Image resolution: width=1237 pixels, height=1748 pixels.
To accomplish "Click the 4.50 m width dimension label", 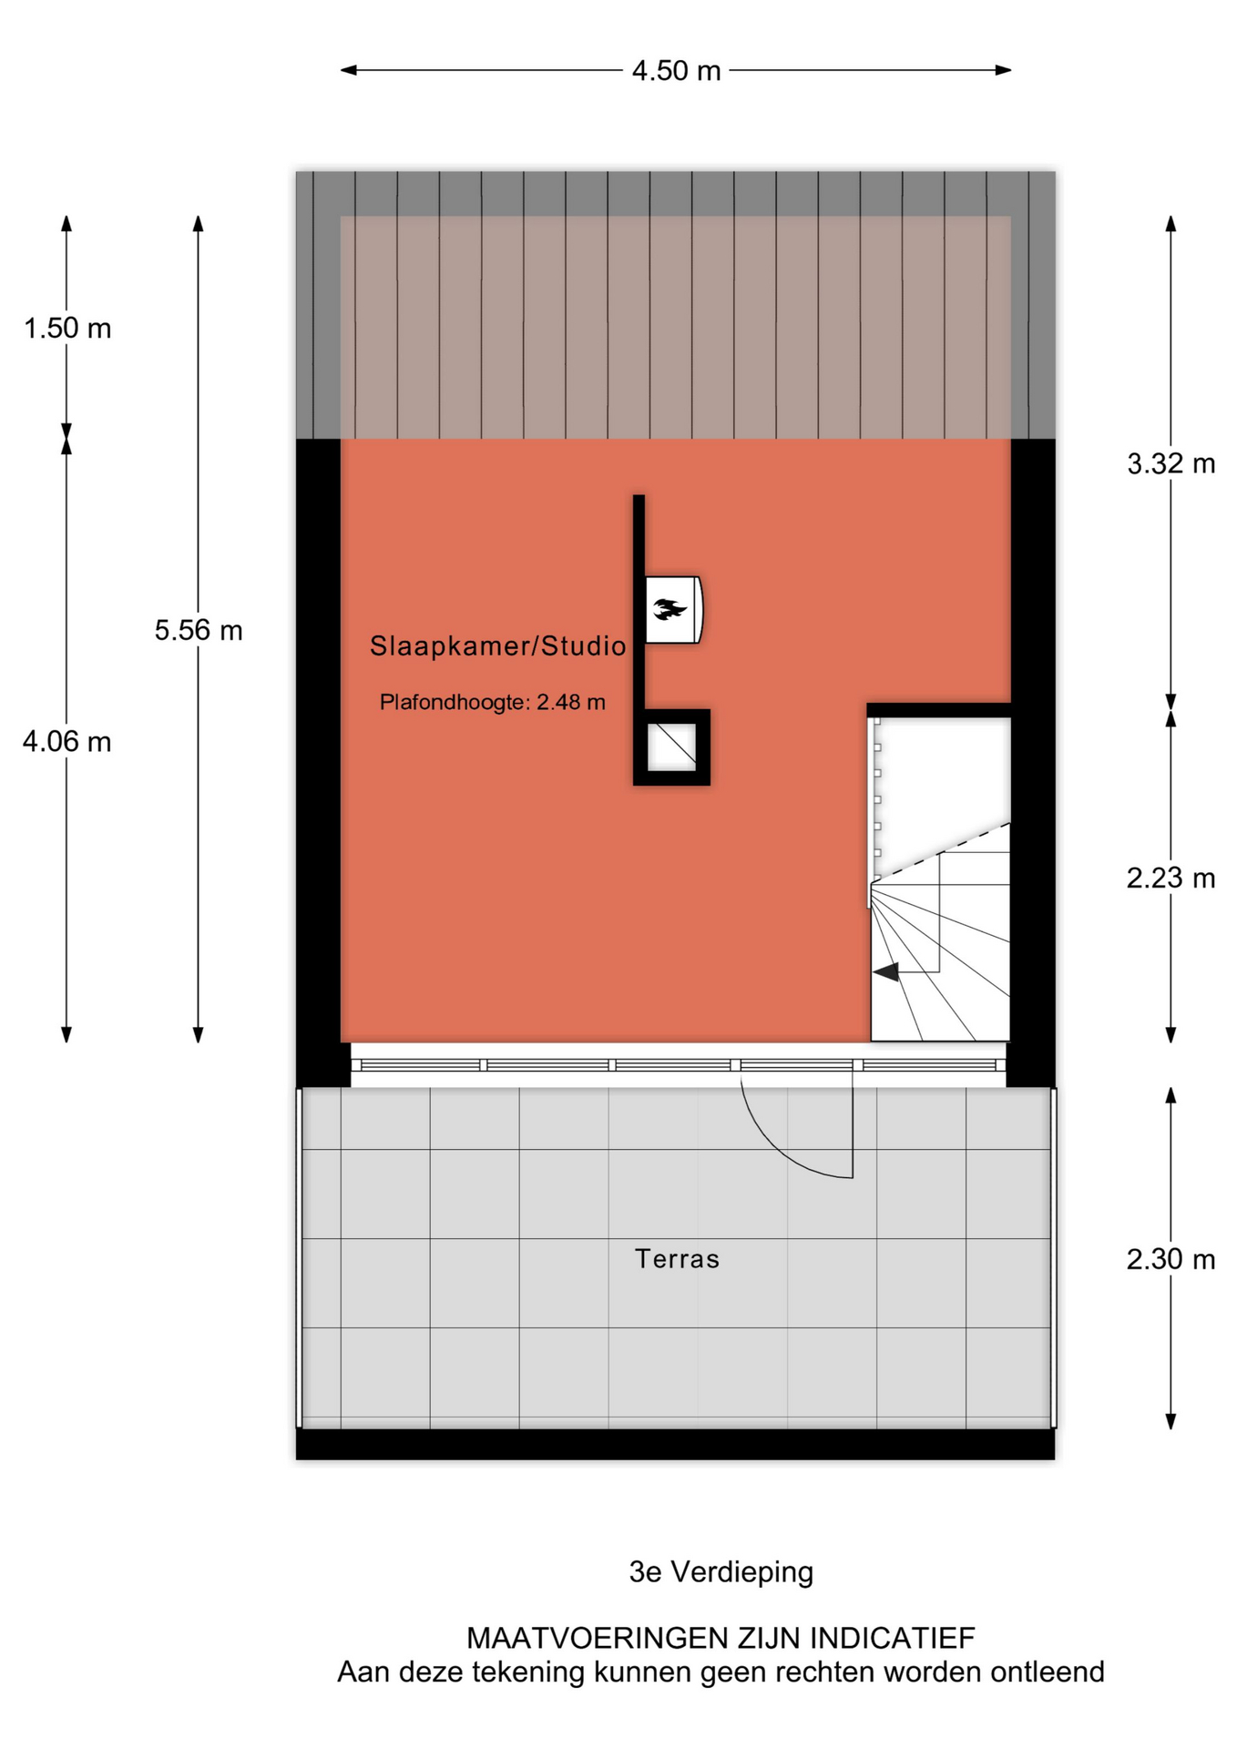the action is pyautogui.click(x=676, y=71).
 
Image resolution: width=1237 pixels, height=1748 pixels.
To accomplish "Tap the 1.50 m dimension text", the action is pyautogui.click(x=67, y=328).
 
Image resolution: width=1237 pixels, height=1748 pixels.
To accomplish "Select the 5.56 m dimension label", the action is pyautogui.click(x=199, y=630).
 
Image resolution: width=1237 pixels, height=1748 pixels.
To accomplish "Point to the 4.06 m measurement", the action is pyautogui.click(x=67, y=742).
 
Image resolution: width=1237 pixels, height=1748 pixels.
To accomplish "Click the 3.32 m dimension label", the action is pyautogui.click(x=1171, y=463).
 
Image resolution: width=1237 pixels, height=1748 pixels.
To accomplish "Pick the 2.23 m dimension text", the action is pyautogui.click(x=1171, y=878).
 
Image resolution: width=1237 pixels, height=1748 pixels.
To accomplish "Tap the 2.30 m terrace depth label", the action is pyautogui.click(x=1171, y=1259).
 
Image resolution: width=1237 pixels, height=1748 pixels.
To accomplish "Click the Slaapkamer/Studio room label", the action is pyautogui.click(x=498, y=646).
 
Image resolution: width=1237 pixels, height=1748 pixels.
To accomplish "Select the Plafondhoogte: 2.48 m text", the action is pyautogui.click(x=493, y=702).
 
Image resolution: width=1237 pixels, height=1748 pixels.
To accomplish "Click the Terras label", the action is pyautogui.click(x=677, y=1259).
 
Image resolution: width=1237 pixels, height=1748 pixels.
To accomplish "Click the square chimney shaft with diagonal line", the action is pyautogui.click(x=672, y=747).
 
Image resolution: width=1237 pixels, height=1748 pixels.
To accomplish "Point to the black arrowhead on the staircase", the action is pyautogui.click(x=886, y=972).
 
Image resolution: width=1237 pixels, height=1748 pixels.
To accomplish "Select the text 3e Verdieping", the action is pyautogui.click(x=721, y=1572).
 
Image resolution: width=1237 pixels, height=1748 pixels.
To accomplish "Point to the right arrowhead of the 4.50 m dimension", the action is pyautogui.click(x=1003, y=70).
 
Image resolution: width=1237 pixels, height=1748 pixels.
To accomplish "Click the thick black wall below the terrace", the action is pyautogui.click(x=675, y=1444).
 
